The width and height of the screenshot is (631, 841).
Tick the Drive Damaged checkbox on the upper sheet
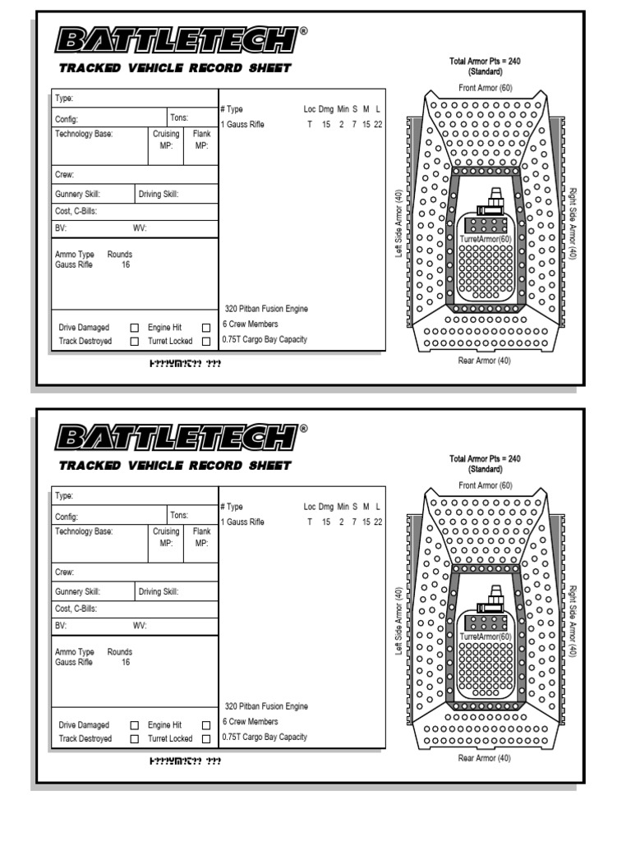135,328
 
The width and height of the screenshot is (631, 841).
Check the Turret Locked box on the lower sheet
206,739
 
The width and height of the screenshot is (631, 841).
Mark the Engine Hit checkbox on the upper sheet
206,328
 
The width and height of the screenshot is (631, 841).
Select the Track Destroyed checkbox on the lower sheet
135,739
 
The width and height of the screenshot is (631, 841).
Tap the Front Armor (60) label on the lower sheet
485,485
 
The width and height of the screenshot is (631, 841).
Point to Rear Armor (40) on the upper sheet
485,361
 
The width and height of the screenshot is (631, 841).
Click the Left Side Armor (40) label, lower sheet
398,622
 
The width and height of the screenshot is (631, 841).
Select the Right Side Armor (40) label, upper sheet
572,223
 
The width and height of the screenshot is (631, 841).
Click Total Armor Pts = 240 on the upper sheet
485,62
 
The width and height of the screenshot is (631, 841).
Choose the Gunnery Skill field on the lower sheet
93,591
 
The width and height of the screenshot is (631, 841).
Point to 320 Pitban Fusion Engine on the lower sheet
265,706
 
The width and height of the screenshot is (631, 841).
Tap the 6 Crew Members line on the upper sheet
250,324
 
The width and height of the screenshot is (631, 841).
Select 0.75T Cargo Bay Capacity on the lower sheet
264,737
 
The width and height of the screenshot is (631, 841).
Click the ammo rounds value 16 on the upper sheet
125,265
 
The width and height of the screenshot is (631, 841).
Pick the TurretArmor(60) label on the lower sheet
486,636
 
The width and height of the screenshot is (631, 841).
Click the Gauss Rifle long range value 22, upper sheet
378,124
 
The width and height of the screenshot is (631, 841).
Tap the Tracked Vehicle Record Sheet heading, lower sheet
175,466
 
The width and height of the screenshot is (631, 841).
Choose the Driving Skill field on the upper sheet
177,194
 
